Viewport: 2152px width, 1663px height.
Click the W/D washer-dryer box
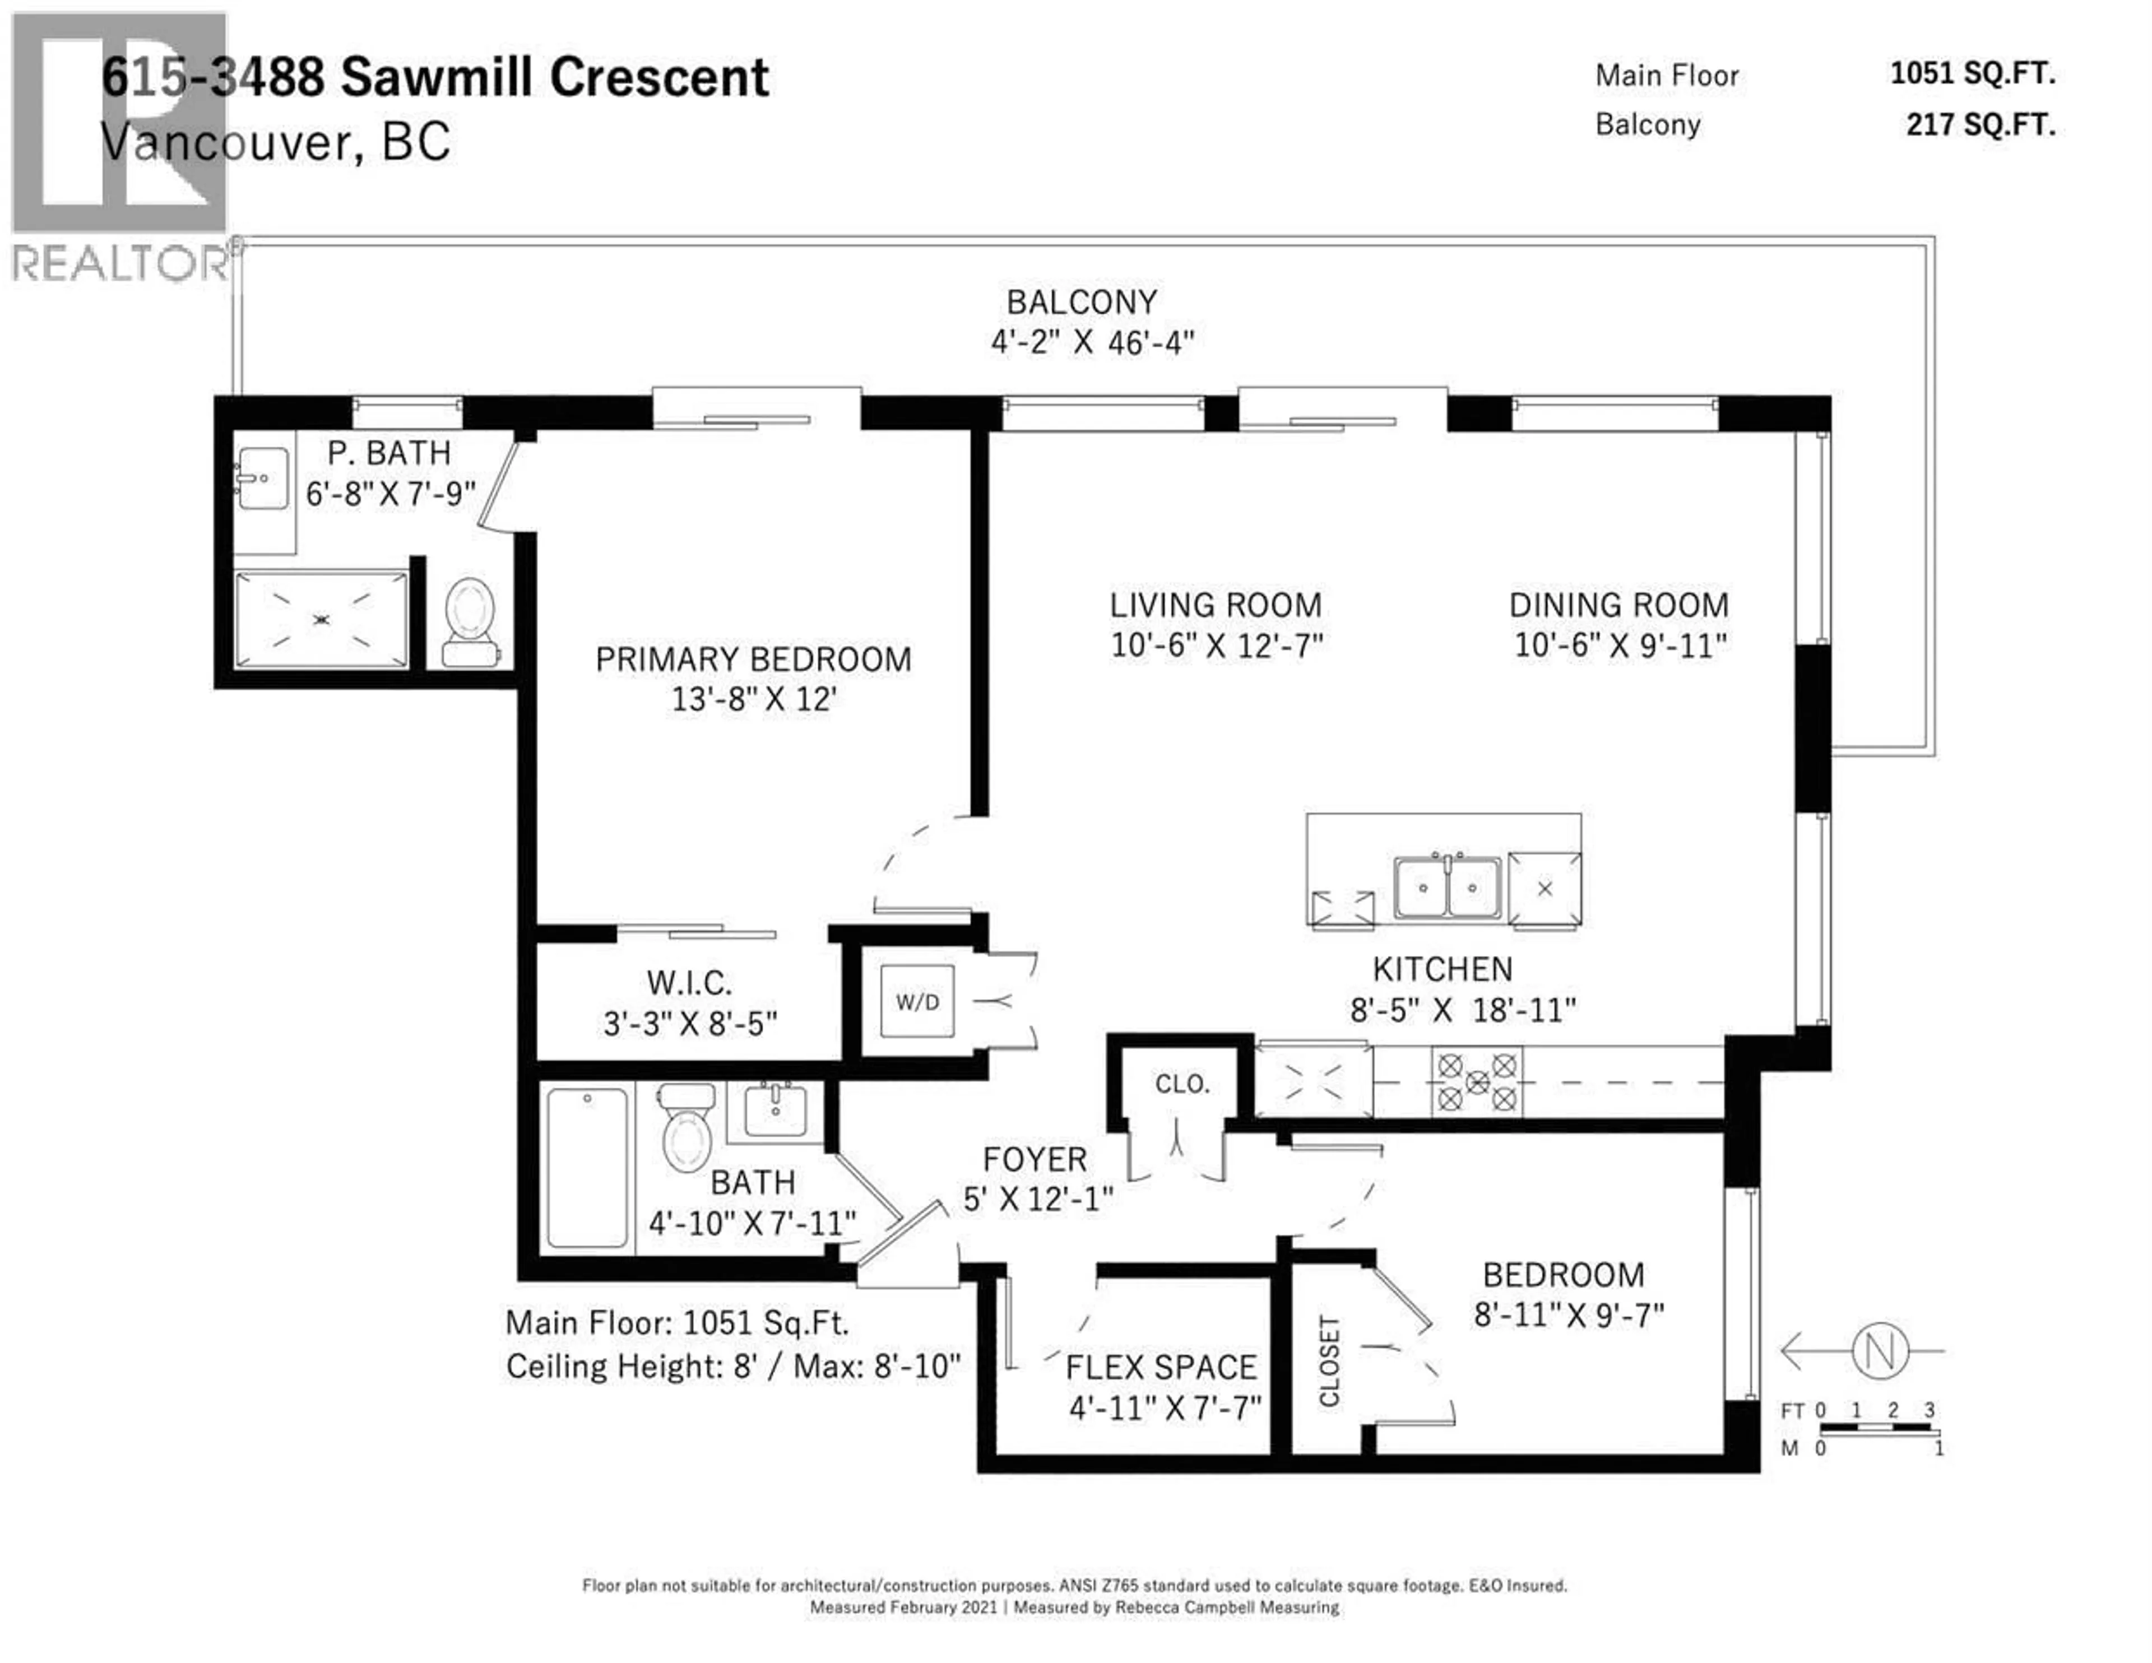pyautogui.click(x=916, y=1002)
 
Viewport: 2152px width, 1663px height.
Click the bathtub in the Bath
pyautogui.click(x=587, y=1168)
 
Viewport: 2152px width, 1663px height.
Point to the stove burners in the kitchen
pyautogui.click(x=1476, y=1083)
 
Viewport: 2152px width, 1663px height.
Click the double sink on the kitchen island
pyautogui.click(x=1446, y=886)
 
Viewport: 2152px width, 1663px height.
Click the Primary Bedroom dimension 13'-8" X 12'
pyautogui.click(x=754, y=699)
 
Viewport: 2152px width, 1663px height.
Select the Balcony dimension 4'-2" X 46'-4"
pyautogui.click(x=1092, y=343)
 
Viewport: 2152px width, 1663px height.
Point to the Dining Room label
pyautogui.click(x=1619, y=605)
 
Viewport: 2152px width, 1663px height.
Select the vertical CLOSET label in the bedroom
pyautogui.click(x=1329, y=1360)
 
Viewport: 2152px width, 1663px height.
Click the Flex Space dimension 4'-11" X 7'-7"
pyautogui.click(x=1165, y=1408)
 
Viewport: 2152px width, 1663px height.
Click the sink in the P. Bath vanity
pyautogui.click(x=264, y=479)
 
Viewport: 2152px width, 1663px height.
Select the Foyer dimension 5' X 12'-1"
pyautogui.click(x=1037, y=1199)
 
